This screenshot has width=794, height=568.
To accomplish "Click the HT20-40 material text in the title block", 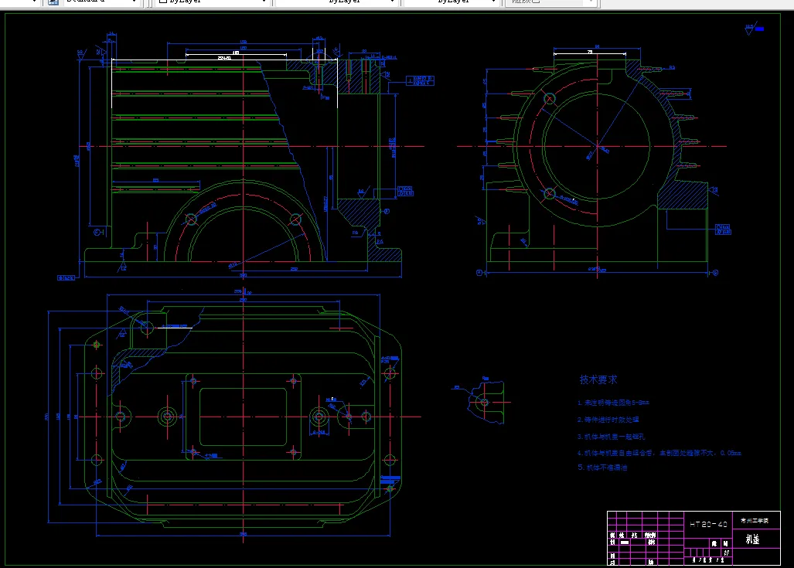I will tap(708, 524).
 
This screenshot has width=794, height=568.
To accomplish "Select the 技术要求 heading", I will tap(598, 380).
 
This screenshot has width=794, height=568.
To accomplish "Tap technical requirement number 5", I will tap(603, 468).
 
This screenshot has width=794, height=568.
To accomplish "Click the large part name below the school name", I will tap(752, 539).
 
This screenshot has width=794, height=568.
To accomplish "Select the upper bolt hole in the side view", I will tap(550, 99).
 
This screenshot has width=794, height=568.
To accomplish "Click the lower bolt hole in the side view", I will tap(550, 193).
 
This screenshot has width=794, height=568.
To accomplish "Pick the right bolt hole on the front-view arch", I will tap(295, 219).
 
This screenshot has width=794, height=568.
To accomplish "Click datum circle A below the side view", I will tap(480, 273).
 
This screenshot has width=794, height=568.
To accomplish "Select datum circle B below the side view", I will tap(714, 273).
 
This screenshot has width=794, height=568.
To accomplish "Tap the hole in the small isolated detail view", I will tap(484, 402).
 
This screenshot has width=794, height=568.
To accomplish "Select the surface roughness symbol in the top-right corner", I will tap(751, 29).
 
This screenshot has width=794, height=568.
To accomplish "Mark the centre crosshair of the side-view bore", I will tap(596, 145).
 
